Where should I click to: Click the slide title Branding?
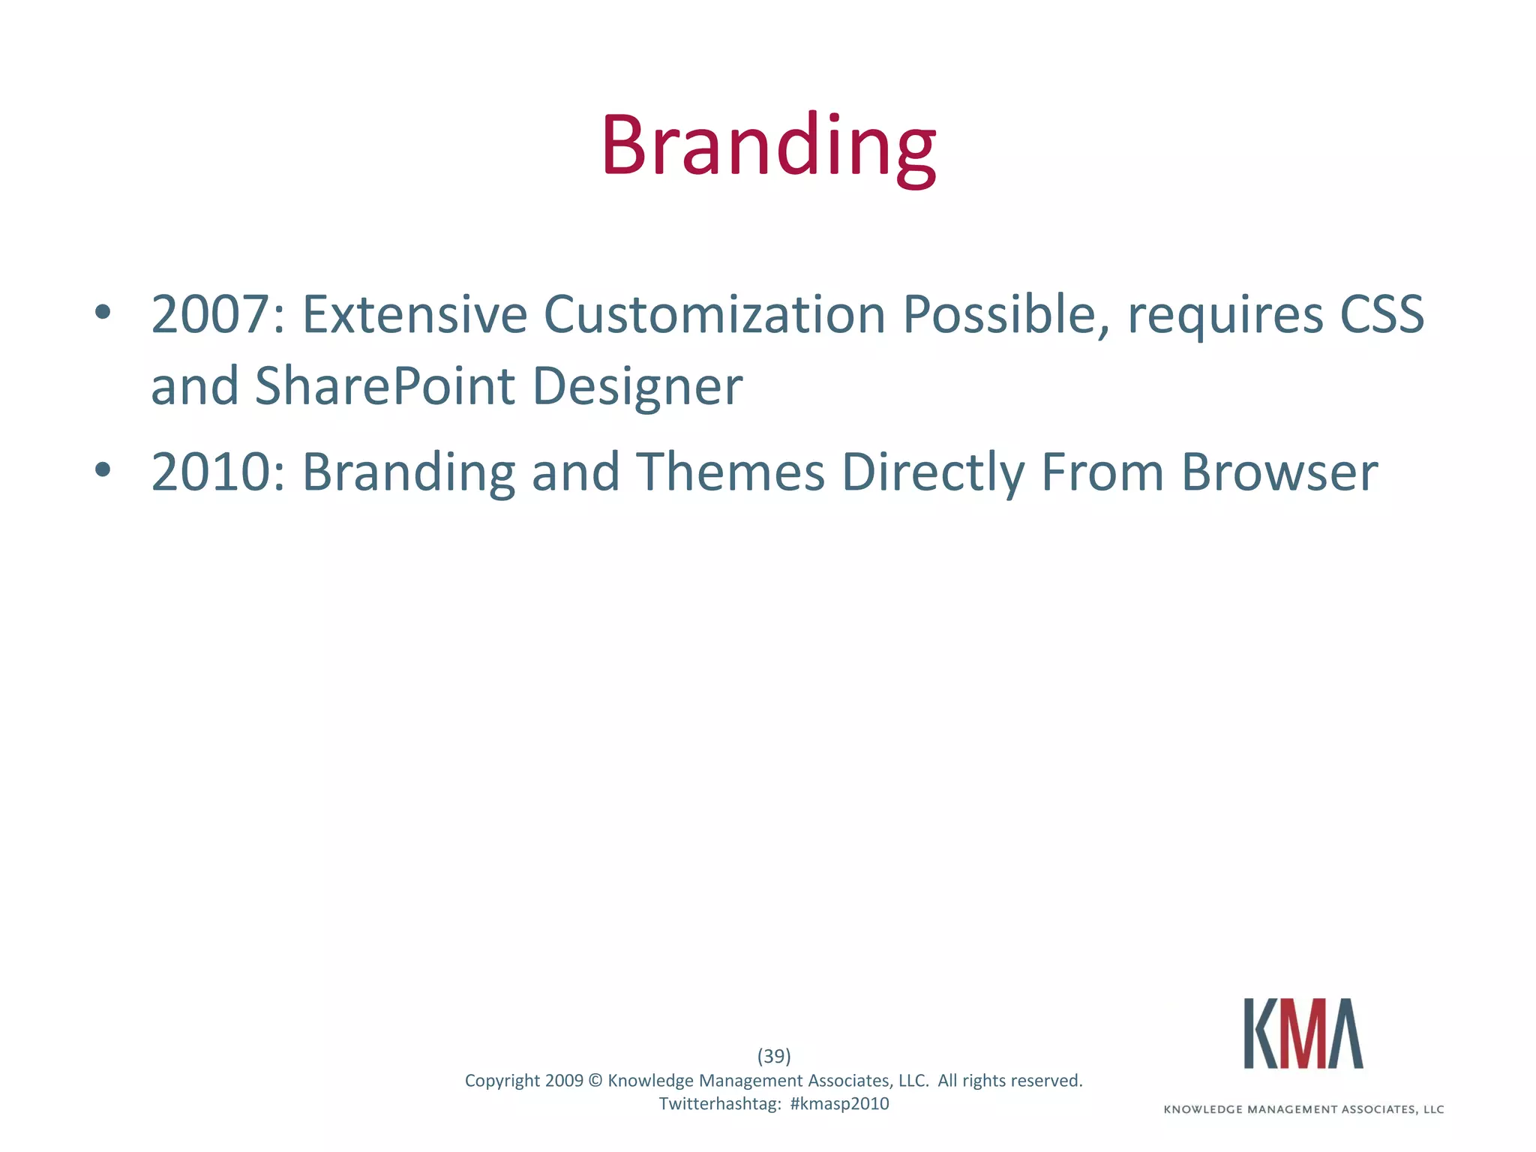click(768, 146)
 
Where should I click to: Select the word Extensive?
click(414, 315)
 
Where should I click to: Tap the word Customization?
click(714, 315)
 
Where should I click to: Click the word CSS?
click(1381, 315)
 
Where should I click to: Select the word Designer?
click(637, 387)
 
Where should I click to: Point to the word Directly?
click(933, 473)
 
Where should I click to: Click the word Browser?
click(1279, 473)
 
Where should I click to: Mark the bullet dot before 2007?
click(103, 312)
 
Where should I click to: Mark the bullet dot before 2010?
click(103, 470)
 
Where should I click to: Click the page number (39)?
click(774, 1056)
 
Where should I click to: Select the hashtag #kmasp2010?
click(839, 1104)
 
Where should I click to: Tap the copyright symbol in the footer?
click(595, 1081)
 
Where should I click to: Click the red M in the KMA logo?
click(1303, 1033)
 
